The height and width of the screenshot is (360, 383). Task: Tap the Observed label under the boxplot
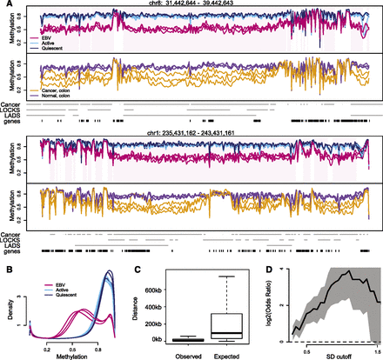(x=186, y=349)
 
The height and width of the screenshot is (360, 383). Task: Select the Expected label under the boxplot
(x=230, y=349)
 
